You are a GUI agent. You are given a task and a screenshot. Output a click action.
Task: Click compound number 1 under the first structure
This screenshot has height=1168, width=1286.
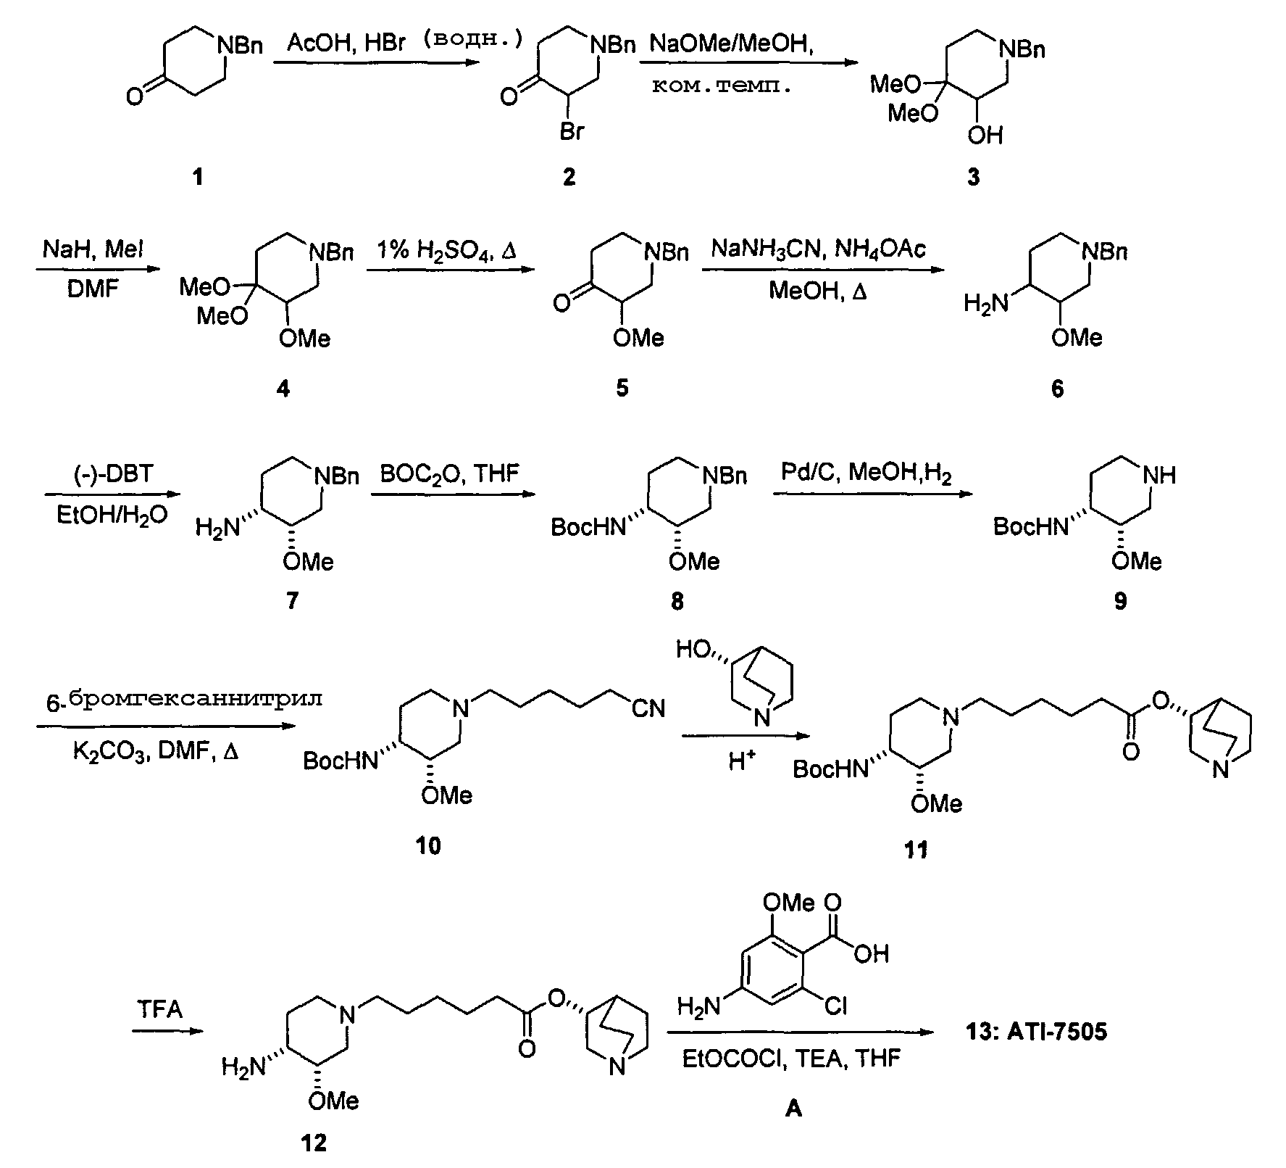[x=199, y=176]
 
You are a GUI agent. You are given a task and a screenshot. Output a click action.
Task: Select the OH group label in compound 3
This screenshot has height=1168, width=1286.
[x=986, y=135]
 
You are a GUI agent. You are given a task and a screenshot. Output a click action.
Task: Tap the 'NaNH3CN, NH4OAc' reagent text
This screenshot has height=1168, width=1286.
[x=819, y=251]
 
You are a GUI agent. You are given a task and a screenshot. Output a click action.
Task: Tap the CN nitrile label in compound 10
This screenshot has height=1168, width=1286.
[x=648, y=708]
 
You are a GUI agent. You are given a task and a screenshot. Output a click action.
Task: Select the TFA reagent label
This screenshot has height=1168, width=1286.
[x=160, y=1009]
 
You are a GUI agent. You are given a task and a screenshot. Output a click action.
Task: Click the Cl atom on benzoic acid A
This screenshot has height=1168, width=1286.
[x=835, y=1006]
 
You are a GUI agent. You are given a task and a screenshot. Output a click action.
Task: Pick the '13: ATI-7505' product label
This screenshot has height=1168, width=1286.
[x=1037, y=1031]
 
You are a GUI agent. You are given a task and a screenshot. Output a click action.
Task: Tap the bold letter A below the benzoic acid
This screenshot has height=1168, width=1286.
[x=793, y=1109]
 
